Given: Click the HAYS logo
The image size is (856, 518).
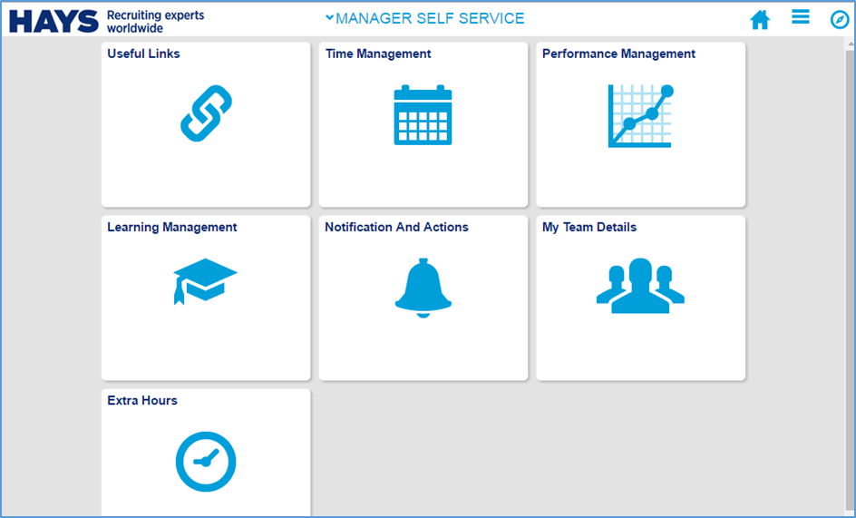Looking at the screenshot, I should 53,21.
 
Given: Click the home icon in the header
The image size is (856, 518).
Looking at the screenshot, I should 760,20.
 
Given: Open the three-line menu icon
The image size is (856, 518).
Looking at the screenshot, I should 800,17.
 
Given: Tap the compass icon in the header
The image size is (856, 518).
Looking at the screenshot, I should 840,20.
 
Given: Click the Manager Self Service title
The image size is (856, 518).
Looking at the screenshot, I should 430,18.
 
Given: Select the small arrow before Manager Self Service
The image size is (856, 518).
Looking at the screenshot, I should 329,17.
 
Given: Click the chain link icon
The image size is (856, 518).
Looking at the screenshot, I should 206,113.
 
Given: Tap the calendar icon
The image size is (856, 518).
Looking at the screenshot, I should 423,115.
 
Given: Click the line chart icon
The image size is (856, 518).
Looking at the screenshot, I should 640,115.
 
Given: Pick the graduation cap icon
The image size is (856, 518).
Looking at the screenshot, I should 205,280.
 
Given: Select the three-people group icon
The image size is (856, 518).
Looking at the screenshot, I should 640,285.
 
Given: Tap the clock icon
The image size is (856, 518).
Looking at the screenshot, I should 206,461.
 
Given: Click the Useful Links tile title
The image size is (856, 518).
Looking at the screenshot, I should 143,54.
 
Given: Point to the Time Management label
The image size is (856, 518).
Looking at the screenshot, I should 378,54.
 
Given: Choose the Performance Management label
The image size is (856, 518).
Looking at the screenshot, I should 618,54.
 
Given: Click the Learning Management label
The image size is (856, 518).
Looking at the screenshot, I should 171,227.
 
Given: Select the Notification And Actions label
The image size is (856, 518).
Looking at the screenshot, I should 396,227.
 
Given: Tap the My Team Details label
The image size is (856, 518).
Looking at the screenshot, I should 589,227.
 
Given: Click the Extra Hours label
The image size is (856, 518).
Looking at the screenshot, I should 142,400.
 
